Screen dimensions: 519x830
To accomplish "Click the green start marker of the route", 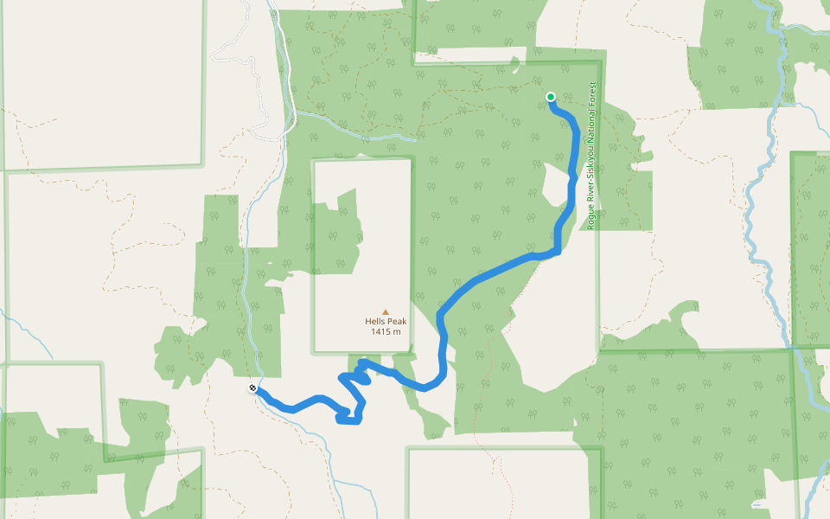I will (551, 97).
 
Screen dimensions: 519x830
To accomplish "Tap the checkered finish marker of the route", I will (252, 389).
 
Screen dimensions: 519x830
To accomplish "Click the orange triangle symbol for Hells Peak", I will (386, 312).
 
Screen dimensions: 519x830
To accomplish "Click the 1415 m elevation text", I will (386, 332).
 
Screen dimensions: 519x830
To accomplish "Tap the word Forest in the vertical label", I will (592, 97).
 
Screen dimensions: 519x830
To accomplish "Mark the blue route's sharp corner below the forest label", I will (558, 252).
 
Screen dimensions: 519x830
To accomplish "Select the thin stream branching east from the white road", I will (354, 131).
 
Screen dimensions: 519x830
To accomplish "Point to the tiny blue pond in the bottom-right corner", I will (757, 503).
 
